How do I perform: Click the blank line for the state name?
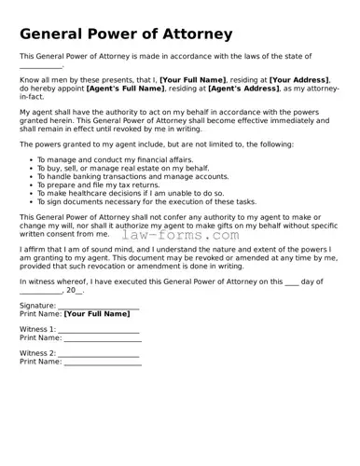(42, 67)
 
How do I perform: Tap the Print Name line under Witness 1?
(103, 338)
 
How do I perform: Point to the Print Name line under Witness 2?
(103, 363)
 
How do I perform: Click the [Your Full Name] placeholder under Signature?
(97, 315)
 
